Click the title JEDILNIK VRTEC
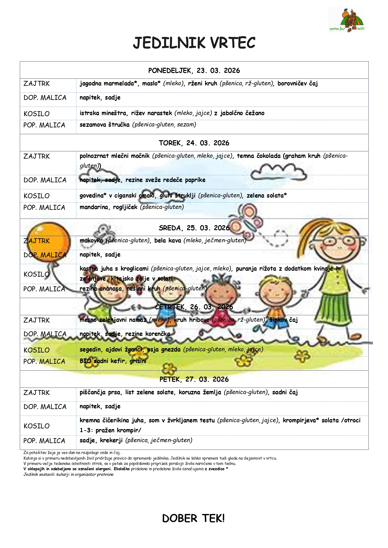[194, 43]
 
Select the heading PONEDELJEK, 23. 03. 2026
[194, 71]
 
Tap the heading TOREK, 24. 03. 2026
[194, 143]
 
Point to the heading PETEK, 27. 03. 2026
[194, 379]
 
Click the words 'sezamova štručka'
[104, 125]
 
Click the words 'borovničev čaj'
[297, 83]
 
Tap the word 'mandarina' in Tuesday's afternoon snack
[94, 207]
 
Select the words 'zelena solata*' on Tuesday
[266, 195]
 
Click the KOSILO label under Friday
[37, 426]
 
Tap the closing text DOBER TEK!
[193, 518]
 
